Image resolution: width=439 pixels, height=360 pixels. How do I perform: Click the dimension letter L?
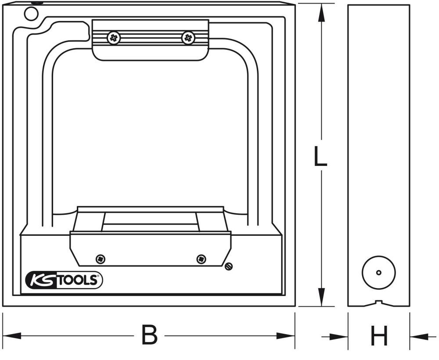coord(321,158)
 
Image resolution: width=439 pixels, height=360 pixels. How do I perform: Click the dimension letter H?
coord(379,337)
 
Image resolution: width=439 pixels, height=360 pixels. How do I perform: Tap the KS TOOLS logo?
coord(64,280)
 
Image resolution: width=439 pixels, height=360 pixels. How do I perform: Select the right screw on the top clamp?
coord(188,38)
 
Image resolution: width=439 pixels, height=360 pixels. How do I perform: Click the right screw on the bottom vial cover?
coord(201,259)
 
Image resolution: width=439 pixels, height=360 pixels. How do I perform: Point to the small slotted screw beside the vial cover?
coord(228,266)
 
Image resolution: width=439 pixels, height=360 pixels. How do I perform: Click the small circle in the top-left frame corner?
coord(31,14)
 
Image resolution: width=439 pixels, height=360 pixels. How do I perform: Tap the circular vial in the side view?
coord(379,272)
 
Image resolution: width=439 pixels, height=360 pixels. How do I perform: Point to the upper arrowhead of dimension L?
coord(321,13)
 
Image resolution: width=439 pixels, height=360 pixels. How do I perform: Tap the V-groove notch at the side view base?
coord(379,302)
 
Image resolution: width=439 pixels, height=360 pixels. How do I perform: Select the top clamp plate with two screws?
coord(150,40)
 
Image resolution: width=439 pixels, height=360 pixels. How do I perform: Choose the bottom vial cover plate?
coord(151,249)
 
